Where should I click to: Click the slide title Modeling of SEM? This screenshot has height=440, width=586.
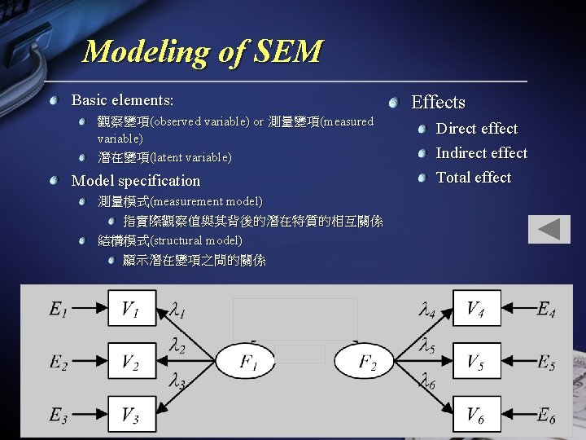203,52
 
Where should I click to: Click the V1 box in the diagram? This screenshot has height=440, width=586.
132,308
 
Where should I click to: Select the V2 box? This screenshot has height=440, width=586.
132,362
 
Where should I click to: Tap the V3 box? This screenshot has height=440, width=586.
132,415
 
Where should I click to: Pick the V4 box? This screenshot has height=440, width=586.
477,308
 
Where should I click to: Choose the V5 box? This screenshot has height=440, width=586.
477,362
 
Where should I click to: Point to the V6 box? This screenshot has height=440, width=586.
477,415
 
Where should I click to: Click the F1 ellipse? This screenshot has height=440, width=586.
249,362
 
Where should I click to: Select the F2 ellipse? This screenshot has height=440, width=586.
365,362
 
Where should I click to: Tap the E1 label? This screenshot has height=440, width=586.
58,309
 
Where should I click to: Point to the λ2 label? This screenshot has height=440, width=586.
177,348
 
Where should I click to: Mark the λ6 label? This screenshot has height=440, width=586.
426,380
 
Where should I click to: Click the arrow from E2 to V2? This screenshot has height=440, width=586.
90,362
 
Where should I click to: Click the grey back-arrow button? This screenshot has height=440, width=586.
549,229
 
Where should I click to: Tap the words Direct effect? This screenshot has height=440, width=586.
477,128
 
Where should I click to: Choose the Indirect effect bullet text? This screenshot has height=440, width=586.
482,153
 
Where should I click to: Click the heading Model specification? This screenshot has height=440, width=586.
136,181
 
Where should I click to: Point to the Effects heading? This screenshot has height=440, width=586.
438,102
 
